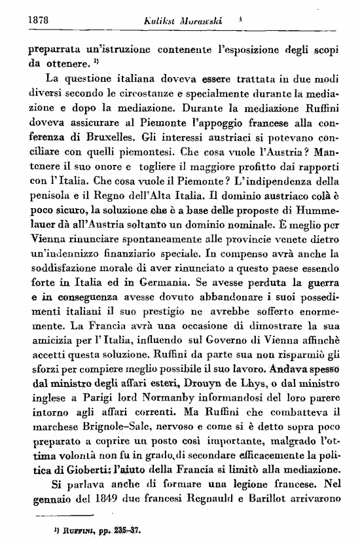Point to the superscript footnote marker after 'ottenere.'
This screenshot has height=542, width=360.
[x=96, y=62]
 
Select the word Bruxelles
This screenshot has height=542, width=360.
[x=109, y=138]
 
